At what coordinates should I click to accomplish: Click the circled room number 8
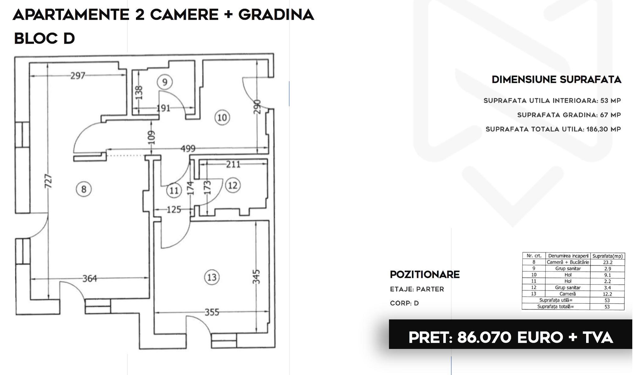(x=84, y=189)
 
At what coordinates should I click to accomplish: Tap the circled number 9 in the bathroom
(x=165, y=82)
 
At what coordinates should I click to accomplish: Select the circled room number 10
(x=222, y=117)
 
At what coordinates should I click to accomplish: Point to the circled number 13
(x=212, y=277)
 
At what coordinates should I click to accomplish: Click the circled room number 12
(x=233, y=185)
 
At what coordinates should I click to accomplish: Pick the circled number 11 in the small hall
(x=174, y=190)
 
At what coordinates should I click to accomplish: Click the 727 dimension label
(x=48, y=181)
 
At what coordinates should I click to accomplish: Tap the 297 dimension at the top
(x=78, y=75)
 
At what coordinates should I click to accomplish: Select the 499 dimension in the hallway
(x=188, y=148)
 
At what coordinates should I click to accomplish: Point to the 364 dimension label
(x=90, y=278)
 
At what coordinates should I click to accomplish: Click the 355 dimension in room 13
(x=212, y=312)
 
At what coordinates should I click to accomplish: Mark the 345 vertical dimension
(x=256, y=277)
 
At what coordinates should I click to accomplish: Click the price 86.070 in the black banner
(x=484, y=338)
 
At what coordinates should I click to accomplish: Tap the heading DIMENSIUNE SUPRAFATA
(x=557, y=79)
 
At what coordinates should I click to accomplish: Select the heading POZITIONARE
(x=425, y=274)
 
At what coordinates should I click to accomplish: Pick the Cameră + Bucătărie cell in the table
(x=568, y=262)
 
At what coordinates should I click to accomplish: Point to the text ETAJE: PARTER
(x=417, y=289)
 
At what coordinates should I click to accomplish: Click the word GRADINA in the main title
(x=276, y=14)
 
